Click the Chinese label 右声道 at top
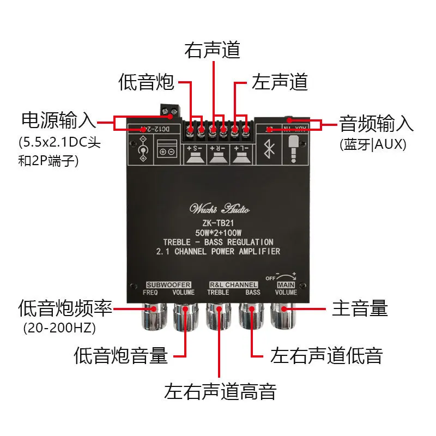coord(213,50)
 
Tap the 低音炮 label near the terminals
coord(146,82)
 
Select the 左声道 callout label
coord(280,82)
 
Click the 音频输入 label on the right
coord(377,123)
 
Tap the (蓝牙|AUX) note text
coord(373,144)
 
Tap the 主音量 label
coord(360,308)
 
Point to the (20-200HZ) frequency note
coord(59,328)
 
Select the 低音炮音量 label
coord(120,355)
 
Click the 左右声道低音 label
coord(326,355)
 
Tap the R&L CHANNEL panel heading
coord(233,285)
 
